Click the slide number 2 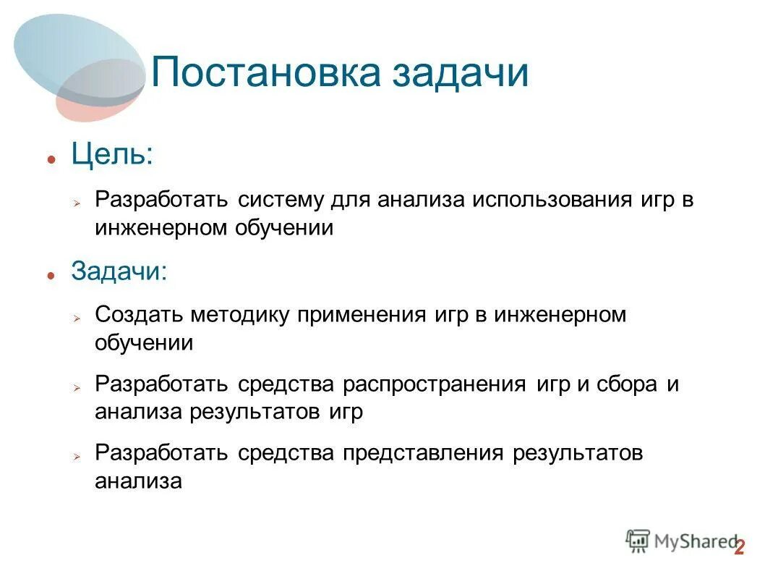pyautogui.click(x=739, y=548)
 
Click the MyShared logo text pyautogui.click(x=694, y=540)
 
